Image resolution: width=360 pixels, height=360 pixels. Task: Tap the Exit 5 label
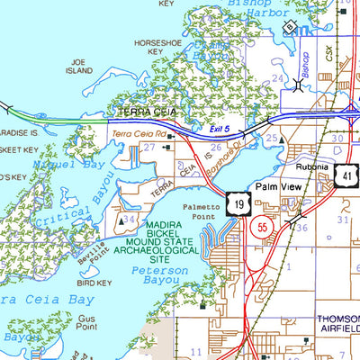(209, 130)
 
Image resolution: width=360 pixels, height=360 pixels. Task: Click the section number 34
(130, 220)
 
